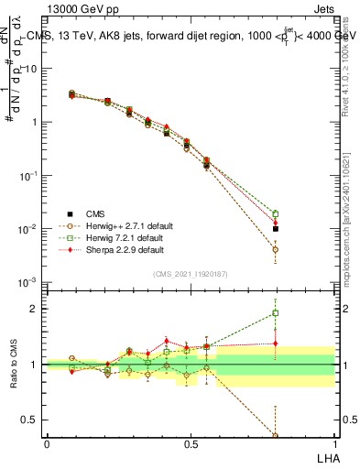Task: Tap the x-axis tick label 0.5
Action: (191, 443)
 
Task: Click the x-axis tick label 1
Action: (333, 443)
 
